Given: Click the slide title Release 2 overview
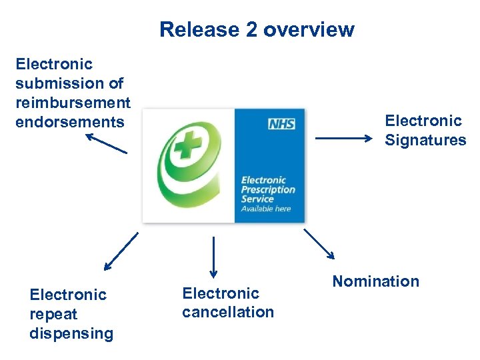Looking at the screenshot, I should click(x=257, y=30).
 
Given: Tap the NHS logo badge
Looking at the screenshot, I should click(x=281, y=124).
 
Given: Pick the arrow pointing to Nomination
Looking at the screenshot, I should click(x=319, y=243).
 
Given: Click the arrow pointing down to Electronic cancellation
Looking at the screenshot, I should click(x=213, y=257).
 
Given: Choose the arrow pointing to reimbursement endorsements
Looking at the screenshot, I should click(x=105, y=143).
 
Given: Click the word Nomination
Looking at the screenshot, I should click(x=375, y=281).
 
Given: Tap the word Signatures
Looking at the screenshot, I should click(x=425, y=140).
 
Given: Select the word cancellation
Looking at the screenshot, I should click(x=228, y=312).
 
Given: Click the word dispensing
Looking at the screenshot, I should click(x=71, y=333).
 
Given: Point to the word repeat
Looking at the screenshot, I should click(x=53, y=314).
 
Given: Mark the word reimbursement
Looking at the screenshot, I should click(x=73, y=103).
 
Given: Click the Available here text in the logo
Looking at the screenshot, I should click(x=266, y=209).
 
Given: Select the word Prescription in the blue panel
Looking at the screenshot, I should click(x=268, y=189).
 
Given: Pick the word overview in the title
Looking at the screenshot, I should click(x=309, y=30).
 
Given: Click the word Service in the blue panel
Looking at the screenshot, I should click(x=257, y=199).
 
